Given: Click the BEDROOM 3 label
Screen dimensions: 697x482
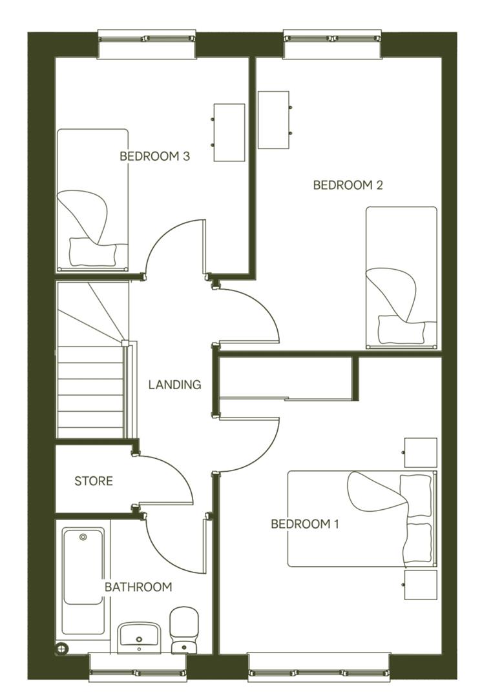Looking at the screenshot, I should pyautogui.click(x=154, y=156).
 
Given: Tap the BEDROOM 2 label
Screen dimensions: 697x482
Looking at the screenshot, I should pyautogui.click(x=348, y=185).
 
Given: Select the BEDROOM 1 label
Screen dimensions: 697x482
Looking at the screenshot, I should pyautogui.click(x=304, y=523).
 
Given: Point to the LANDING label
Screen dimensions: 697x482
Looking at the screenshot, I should pyautogui.click(x=174, y=385).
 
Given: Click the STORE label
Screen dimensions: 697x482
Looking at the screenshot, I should pyautogui.click(x=94, y=481).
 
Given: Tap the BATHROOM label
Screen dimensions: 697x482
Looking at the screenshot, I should pyautogui.click(x=138, y=587).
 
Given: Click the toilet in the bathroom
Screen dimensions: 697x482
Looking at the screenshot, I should pyautogui.click(x=183, y=630).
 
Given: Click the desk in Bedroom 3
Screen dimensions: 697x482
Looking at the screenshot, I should pyautogui.click(x=229, y=132).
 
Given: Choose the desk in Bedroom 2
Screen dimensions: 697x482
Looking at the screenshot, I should pyautogui.click(x=273, y=120).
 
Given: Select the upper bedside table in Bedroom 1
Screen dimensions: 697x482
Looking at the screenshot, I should pyautogui.click(x=421, y=452).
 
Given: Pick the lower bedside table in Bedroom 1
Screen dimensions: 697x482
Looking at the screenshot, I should pyautogui.click(x=421, y=585).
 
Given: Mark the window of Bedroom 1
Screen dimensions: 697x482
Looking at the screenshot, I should pyautogui.click(x=319, y=666).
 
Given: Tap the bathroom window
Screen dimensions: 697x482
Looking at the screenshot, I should pyautogui.click(x=138, y=666).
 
